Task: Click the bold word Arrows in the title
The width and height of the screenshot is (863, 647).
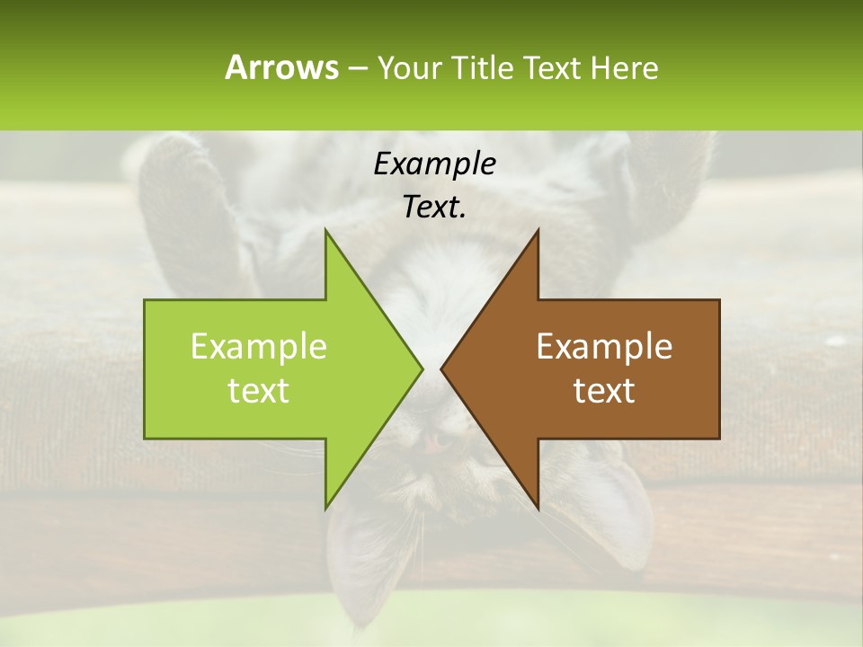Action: (x=281, y=67)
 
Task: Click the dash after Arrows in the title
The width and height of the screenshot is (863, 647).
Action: (x=357, y=68)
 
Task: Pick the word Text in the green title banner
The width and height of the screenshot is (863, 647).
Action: (x=553, y=67)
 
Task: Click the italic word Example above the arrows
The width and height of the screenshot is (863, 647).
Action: (x=434, y=164)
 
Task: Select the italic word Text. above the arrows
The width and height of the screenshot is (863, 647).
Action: (x=434, y=208)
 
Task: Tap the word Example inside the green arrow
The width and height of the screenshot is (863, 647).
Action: (x=258, y=347)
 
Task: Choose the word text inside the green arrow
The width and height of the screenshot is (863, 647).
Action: (x=258, y=391)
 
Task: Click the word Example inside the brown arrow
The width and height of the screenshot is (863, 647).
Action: (x=604, y=347)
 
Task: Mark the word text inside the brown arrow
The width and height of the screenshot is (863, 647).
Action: (x=604, y=391)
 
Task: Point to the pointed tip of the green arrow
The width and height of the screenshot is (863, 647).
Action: (x=422, y=368)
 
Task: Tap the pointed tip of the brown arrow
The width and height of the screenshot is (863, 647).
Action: (x=441, y=368)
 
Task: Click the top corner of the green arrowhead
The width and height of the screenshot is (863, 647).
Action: (x=325, y=230)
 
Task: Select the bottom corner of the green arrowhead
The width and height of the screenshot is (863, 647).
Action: (x=325, y=509)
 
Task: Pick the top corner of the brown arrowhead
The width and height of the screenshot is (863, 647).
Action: (x=538, y=230)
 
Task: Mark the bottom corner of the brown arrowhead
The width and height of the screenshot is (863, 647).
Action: (x=538, y=509)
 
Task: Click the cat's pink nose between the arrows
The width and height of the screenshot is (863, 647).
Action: (x=432, y=442)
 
